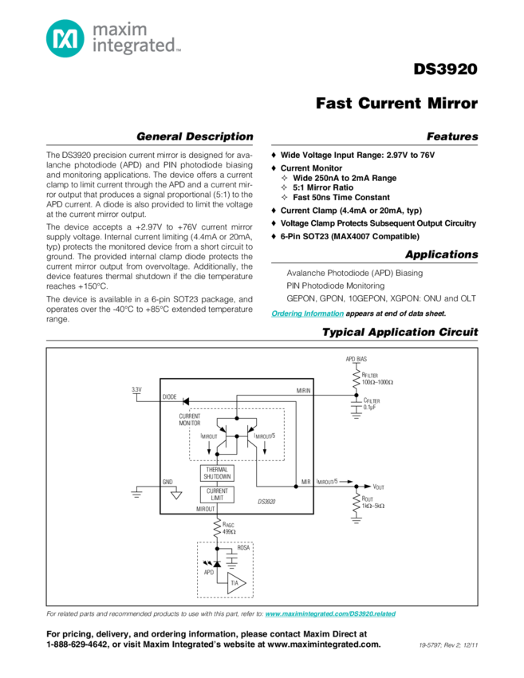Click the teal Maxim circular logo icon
(62, 37)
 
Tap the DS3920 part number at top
(446, 69)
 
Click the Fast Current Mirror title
(397, 104)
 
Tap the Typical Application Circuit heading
(400, 332)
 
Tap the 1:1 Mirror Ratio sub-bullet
(334, 187)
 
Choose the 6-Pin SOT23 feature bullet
(352, 237)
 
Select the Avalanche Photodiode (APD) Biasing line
(344, 273)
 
